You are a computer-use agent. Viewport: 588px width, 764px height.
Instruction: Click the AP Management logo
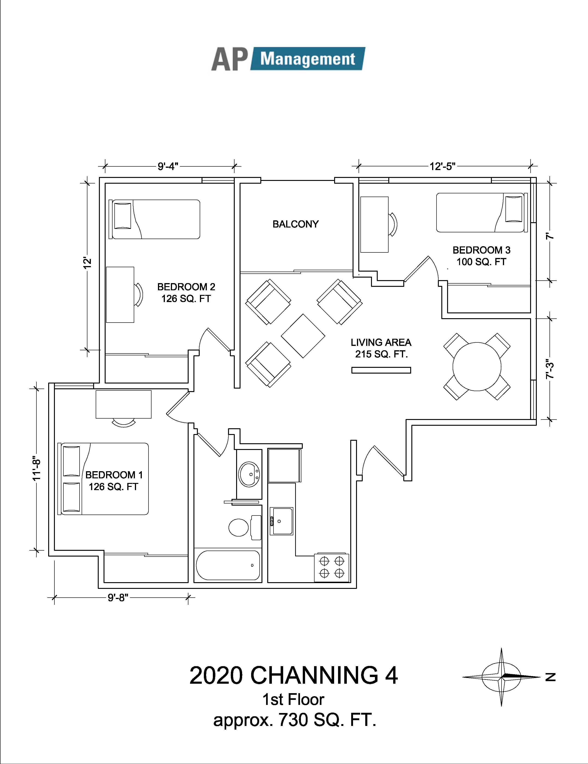288,59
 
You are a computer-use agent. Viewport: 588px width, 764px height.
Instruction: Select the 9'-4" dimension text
168,166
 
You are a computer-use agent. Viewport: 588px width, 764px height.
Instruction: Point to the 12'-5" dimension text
443,166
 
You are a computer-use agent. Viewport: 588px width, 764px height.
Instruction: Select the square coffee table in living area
303,336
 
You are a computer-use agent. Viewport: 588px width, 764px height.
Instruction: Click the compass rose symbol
502,677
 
